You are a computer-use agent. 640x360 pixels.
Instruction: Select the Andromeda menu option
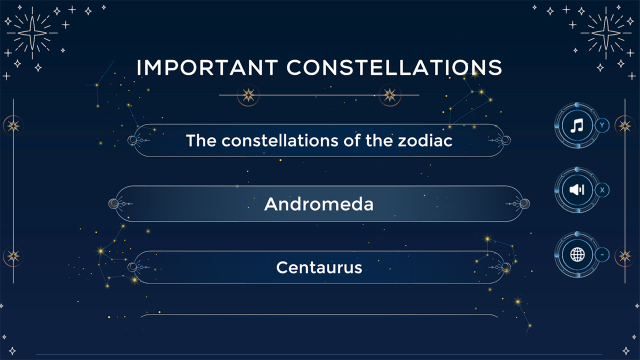tap(319, 204)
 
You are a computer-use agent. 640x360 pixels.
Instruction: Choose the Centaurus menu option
tap(319, 267)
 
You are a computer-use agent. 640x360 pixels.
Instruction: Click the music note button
tap(577, 125)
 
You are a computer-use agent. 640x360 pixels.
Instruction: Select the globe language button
tap(577, 255)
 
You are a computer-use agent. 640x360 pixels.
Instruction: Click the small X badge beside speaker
tap(602, 190)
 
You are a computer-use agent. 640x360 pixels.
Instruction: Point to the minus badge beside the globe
tap(602, 255)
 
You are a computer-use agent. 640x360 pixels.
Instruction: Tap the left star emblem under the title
tap(248, 95)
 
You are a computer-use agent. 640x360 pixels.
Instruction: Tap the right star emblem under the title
tap(389, 95)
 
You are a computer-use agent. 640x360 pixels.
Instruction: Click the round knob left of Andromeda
tap(114, 203)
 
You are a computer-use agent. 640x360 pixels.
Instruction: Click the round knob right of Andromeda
tap(524, 203)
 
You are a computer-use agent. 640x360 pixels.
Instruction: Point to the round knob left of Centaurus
tap(132, 267)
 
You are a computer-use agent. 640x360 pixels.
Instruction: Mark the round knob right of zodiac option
tap(505, 140)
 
